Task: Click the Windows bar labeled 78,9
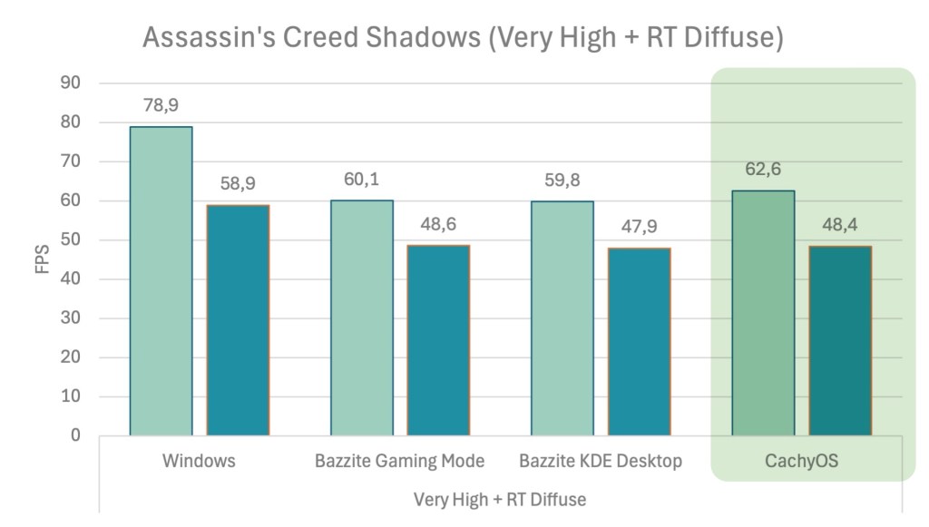[x=161, y=281]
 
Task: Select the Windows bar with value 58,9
[x=238, y=320]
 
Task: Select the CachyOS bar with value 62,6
[x=763, y=313]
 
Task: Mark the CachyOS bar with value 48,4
[x=840, y=341]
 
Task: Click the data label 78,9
[x=161, y=105]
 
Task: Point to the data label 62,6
[x=763, y=170]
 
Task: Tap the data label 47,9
[x=639, y=227]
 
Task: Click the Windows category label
[x=199, y=461]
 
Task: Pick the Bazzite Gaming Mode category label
[x=399, y=461]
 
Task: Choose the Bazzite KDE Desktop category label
[x=601, y=461]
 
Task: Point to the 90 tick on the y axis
[x=71, y=83]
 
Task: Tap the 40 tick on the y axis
[x=71, y=279]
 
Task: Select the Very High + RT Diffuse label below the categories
[x=500, y=500]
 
